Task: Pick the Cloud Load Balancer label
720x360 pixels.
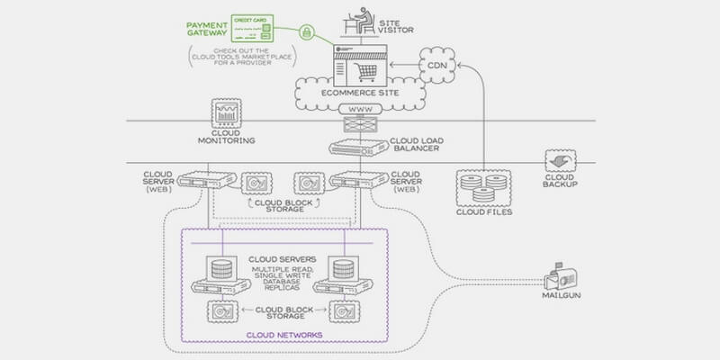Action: click(415, 145)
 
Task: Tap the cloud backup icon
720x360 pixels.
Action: click(559, 162)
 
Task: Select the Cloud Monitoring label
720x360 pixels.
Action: click(226, 141)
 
